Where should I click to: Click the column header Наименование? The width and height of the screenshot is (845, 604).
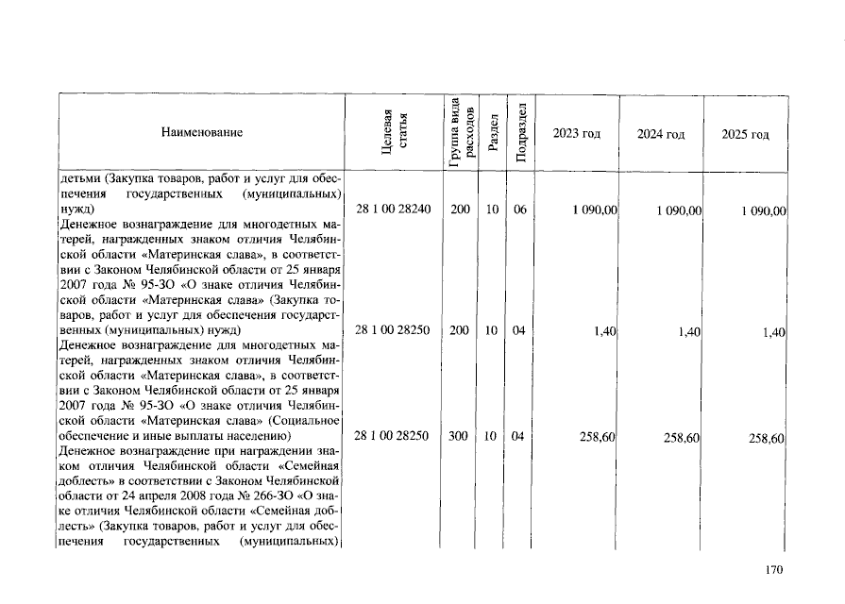pyautogui.click(x=201, y=133)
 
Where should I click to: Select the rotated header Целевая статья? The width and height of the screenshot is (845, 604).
pyautogui.click(x=394, y=133)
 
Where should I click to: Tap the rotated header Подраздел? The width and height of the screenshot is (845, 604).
pyautogui.click(x=520, y=134)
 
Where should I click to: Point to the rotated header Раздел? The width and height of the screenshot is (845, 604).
pyautogui.click(x=492, y=134)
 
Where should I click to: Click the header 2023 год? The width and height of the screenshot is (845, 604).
pyautogui.click(x=577, y=134)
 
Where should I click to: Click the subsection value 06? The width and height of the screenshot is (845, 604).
pyautogui.click(x=519, y=209)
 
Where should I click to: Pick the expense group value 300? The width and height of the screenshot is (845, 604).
pyautogui.click(x=460, y=436)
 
